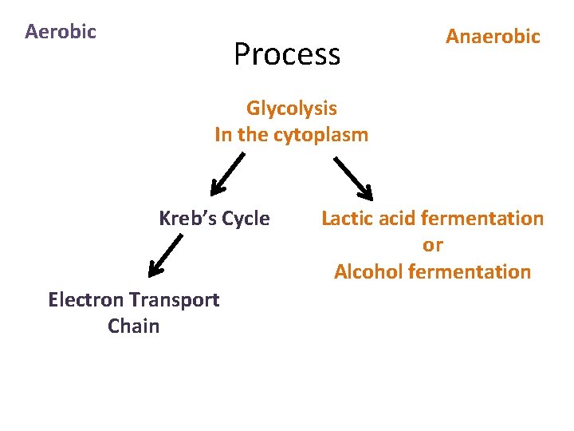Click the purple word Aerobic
[x=61, y=32]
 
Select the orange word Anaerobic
[x=493, y=37]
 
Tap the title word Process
[x=287, y=54]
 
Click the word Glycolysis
[x=292, y=109]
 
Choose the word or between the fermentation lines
[x=433, y=245]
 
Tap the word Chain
[x=133, y=326]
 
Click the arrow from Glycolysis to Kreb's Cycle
[x=227, y=175]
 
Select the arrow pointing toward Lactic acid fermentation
[x=353, y=177]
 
